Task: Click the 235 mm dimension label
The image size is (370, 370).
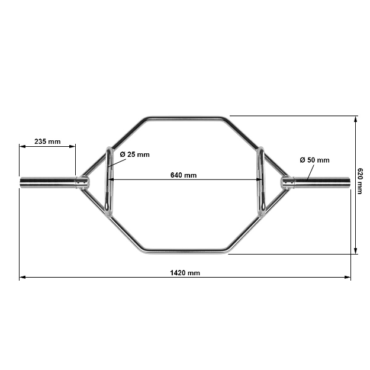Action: (47, 141)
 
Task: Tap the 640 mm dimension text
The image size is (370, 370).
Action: (184, 175)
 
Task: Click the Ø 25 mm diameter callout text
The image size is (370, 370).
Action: (134, 155)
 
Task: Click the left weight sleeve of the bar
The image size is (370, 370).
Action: (47, 182)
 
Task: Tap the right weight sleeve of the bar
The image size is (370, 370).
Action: (323, 182)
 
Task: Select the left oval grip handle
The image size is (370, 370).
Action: (108, 181)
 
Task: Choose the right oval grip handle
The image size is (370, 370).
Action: (260, 181)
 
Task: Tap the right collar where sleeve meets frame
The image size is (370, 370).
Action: (287, 182)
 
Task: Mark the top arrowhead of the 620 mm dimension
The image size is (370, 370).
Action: (355, 118)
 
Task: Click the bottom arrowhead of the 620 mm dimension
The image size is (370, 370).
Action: (355, 251)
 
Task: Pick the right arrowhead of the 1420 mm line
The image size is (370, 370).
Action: (348, 276)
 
